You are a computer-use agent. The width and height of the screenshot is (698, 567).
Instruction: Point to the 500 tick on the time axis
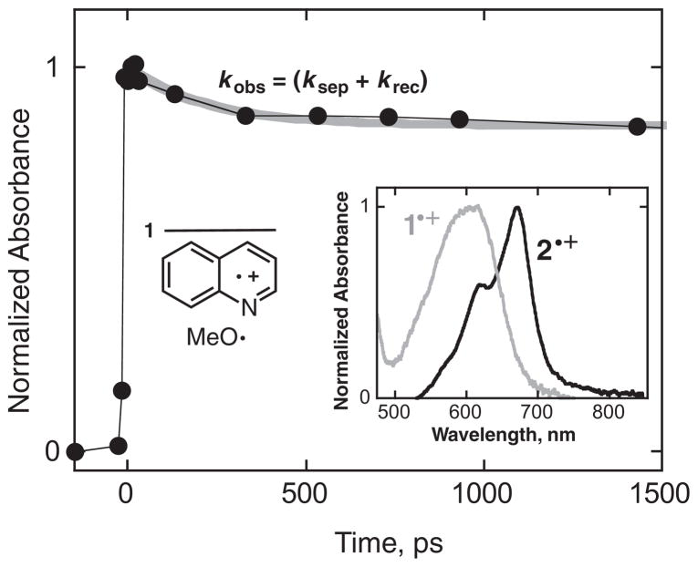[304, 495]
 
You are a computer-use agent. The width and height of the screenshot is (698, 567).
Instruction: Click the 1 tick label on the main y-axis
[53, 67]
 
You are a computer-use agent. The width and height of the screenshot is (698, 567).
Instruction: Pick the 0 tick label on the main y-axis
[53, 452]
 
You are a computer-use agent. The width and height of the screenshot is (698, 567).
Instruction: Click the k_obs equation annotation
[323, 82]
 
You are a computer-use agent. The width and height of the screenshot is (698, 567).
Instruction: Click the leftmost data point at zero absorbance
[76, 452]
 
